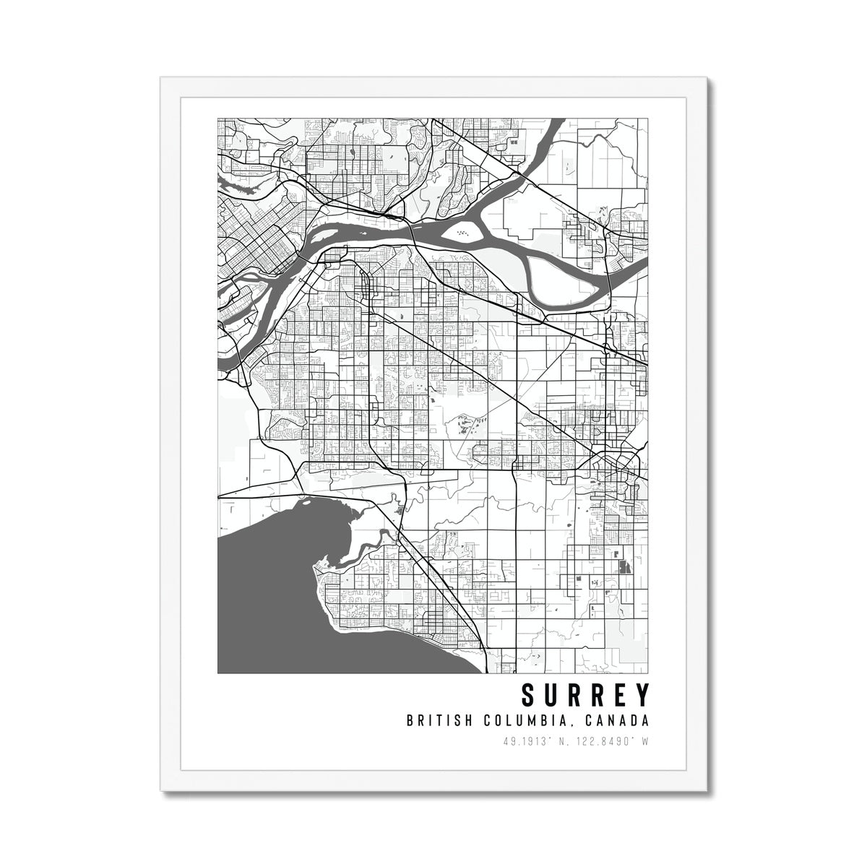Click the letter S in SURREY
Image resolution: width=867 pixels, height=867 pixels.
pyautogui.click(x=529, y=696)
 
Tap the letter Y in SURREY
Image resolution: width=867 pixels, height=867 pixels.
pyautogui.click(x=640, y=696)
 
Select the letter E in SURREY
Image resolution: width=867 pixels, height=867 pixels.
pyautogui.click(x=618, y=696)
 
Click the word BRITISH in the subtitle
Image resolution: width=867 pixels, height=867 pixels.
pyautogui.click(x=433, y=720)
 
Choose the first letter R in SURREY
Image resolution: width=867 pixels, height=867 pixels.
pyautogui.click(x=574, y=696)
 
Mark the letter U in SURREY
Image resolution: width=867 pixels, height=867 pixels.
pyautogui.click(x=551, y=696)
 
